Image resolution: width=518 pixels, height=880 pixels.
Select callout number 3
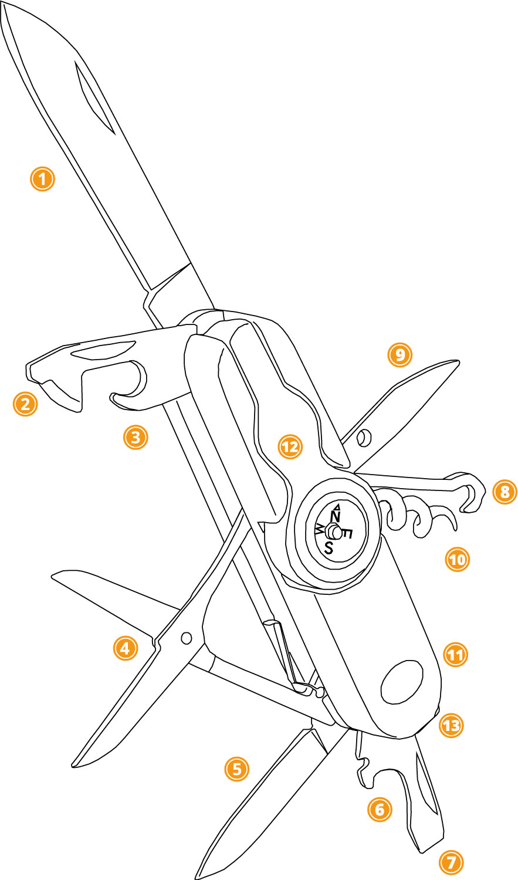pos(136,437)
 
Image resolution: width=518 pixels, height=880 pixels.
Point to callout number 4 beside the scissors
pos(125,648)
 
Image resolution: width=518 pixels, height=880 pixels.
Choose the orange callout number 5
pos(237,769)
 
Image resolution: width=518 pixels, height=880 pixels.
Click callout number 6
pos(379,810)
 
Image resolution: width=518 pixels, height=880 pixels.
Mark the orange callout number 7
pos(451,862)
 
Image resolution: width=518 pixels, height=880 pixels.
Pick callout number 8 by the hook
pos(505,492)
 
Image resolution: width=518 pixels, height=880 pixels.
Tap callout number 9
pos(400,354)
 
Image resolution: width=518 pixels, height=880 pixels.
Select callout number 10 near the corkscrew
pos(457,560)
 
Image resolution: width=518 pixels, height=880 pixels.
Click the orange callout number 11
pos(455,655)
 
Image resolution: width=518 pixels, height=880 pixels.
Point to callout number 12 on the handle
pos(290,448)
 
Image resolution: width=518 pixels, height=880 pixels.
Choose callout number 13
pos(451,726)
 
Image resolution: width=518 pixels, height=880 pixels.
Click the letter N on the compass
pos(336,515)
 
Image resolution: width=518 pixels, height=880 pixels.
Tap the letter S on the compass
pos(329,548)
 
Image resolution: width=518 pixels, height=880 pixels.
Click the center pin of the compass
pos(333,532)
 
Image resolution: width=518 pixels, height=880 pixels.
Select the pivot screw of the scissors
pos(187,637)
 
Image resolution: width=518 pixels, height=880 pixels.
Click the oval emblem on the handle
pos(402,683)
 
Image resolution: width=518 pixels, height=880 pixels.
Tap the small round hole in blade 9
pos(364,437)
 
